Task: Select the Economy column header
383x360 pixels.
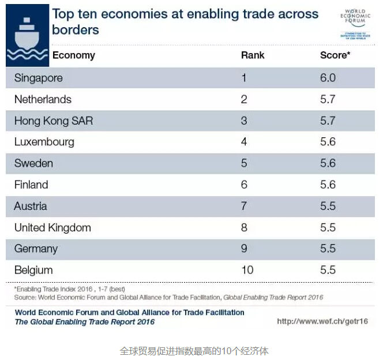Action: [74, 56]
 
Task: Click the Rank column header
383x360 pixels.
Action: [253, 56]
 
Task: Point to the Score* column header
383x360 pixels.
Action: [335, 56]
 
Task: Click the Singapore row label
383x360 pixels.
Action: [38, 78]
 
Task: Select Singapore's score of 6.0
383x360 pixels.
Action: [328, 78]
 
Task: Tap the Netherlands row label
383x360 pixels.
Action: [43, 99]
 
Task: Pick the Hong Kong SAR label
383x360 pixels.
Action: [53, 121]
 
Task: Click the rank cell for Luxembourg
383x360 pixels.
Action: [244, 142]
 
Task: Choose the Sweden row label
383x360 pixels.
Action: [33, 163]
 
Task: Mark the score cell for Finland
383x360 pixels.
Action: [328, 185]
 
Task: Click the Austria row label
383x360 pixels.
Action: [31, 206]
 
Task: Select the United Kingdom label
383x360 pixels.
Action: [52, 227]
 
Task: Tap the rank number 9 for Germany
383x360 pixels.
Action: [244, 249]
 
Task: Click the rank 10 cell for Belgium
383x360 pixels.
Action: [247, 270]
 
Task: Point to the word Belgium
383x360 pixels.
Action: [33, 270]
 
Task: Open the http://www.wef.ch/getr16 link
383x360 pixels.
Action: [322, 321]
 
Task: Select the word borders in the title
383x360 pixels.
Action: [76, 29]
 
